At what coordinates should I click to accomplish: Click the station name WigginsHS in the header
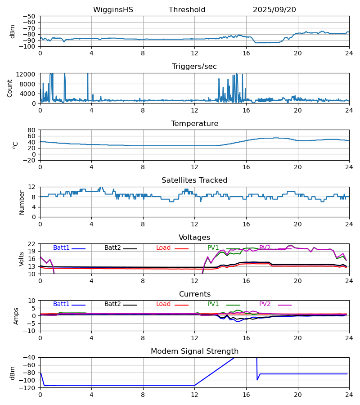pos(113,10)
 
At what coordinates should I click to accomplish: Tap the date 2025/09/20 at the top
pos(274,10)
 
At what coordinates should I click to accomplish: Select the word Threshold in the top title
pos(187,10)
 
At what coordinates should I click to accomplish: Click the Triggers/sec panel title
pos(194,67)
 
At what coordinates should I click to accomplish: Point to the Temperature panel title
pos(194,124)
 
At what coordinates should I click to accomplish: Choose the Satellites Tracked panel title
pos(194,180)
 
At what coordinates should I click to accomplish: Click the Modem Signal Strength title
pos(194,351)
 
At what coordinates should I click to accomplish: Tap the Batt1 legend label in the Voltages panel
pos(61,248)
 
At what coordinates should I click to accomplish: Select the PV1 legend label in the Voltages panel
pos(213,248)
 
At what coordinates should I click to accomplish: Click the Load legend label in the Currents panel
pos(163,304)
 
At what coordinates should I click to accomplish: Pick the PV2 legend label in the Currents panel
pos(265,304)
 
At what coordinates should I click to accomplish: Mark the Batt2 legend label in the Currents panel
pos(112,304)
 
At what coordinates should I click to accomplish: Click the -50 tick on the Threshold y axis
pos(30,16)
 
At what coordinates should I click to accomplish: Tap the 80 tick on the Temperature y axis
pos(32,130)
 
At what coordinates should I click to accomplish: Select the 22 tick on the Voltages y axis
pos(32,244)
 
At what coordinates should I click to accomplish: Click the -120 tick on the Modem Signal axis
pos(28,388)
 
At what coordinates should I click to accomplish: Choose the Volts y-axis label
pos(22,259)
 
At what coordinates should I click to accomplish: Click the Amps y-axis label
pos(17,316)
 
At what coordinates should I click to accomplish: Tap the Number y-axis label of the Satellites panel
pos(22,202)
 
